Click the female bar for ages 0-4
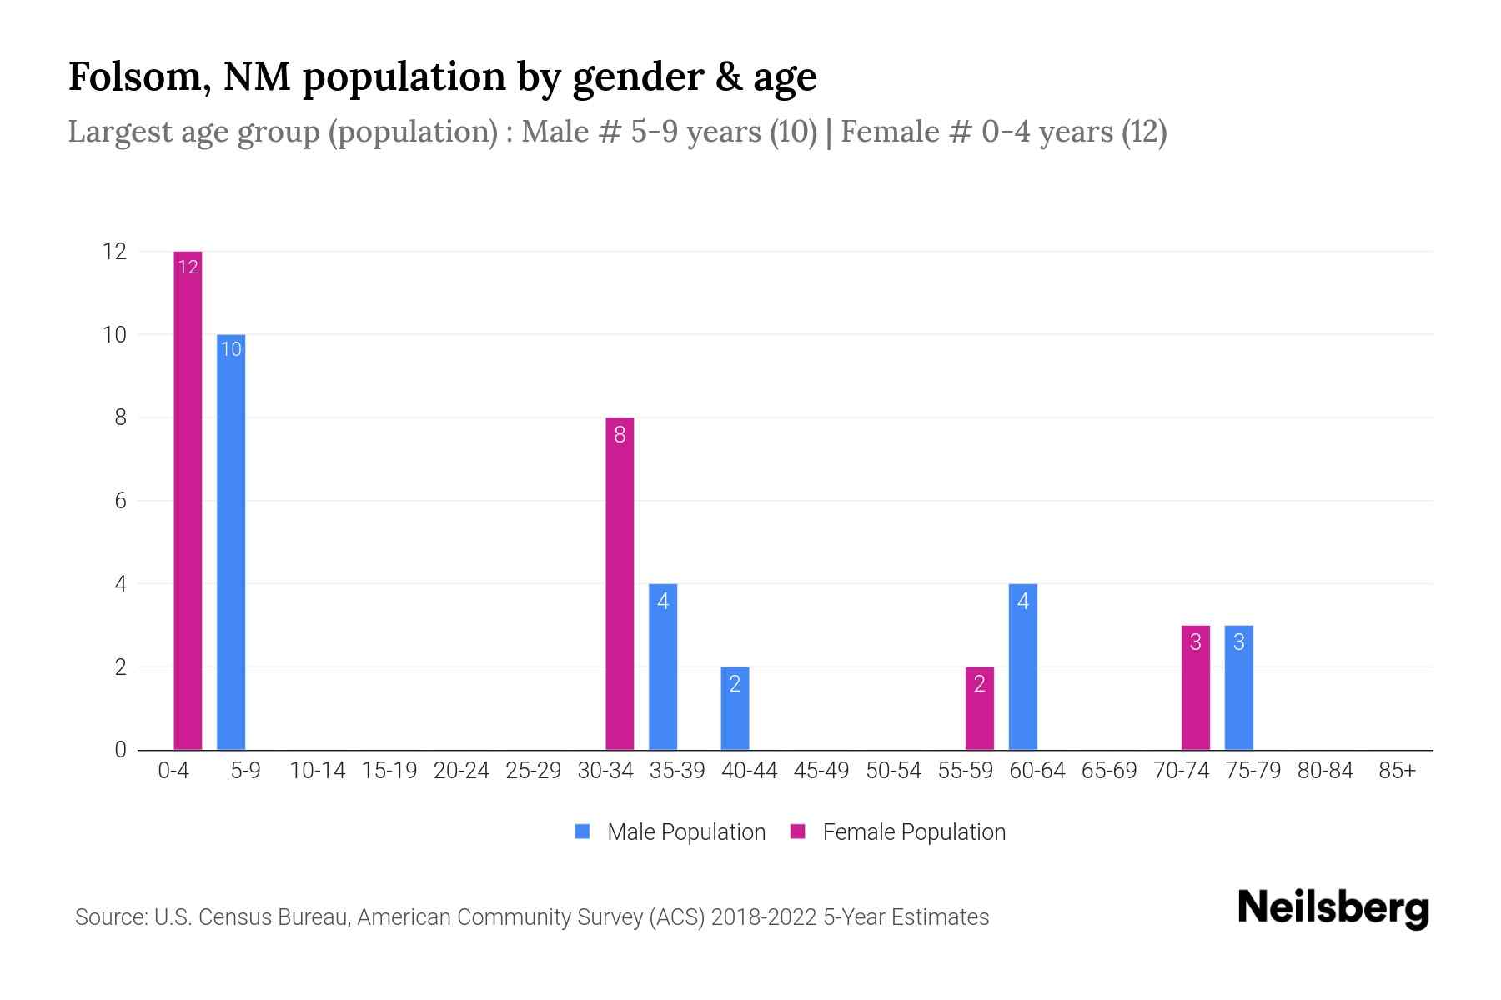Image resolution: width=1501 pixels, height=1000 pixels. [x=188, y=500]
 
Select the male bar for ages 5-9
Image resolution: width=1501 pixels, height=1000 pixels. [x=231, y=542]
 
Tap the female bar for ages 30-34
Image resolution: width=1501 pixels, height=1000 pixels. [x=620, y=583]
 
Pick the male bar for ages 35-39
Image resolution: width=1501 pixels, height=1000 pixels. [x=663, y=667]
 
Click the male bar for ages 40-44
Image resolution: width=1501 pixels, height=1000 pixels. [x=735, y=708]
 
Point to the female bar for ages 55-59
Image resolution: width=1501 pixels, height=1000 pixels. [x=980, y=708]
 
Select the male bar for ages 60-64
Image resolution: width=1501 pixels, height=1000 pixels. [x=1023, y=667]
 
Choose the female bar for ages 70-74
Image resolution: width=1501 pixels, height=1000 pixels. [x=1195, y=687]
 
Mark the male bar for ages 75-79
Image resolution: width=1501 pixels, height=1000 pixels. [x=1238, y=687]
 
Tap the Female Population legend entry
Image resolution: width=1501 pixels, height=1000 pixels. [x=898, y=832]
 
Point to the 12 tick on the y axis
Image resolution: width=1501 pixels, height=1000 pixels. [x=114, y=251]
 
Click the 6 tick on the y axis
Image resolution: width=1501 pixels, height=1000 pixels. [x=120, y=501]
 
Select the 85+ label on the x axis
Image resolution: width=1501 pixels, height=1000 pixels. [x=1397, y=771]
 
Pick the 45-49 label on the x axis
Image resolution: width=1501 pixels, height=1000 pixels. [x=821, y=771]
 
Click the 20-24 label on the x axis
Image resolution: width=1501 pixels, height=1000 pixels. [x=461, y=771]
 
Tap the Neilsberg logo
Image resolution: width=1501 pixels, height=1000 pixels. [x=1333, y=907]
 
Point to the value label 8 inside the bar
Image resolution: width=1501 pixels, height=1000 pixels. [x=620, y=434]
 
